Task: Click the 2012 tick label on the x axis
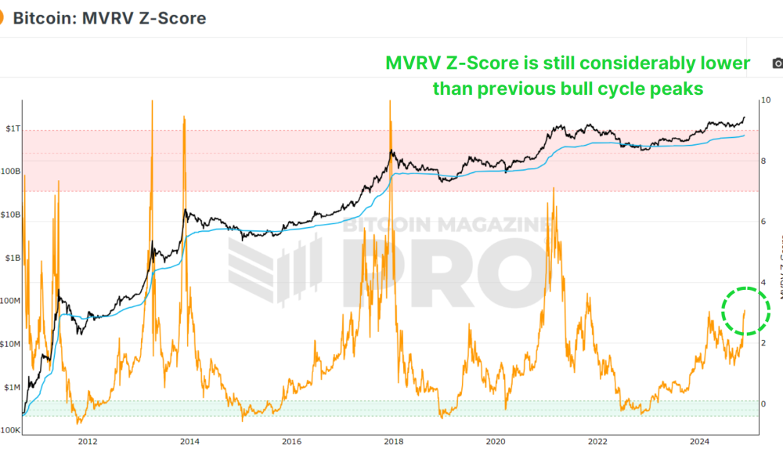pos(87,442)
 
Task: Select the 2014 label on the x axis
pos(189,442)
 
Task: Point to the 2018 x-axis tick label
pos(394,442)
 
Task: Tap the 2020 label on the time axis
pos(496,442)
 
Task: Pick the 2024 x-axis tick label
pos(700,442)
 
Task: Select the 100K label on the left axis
pos(10,431)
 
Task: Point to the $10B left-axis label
pos(10,215)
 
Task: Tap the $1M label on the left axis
pos(11,388)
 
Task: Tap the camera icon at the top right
pos(777,63)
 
